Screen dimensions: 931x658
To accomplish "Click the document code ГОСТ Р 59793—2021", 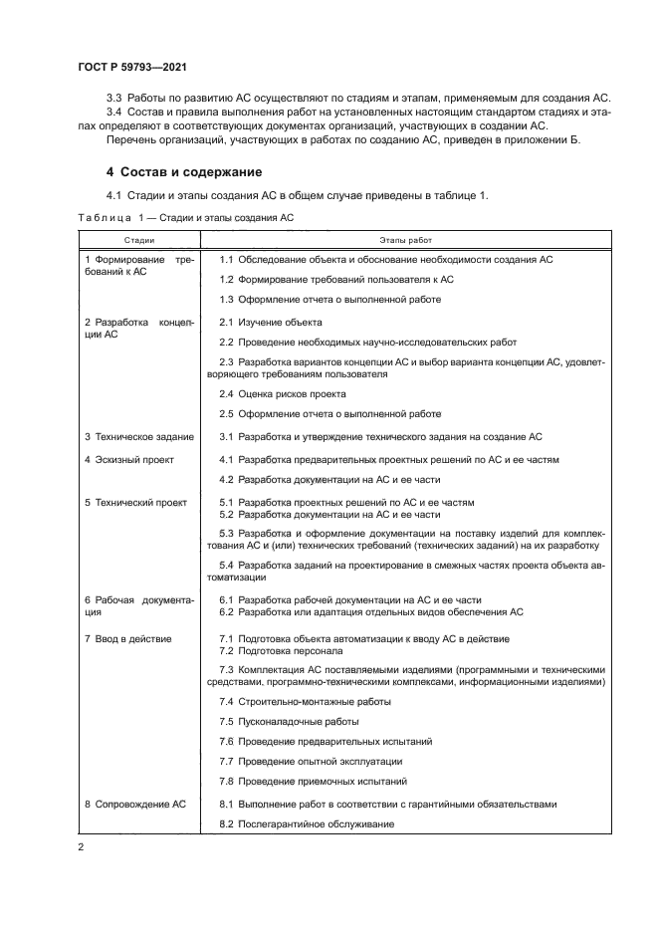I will click(x=131, y=66).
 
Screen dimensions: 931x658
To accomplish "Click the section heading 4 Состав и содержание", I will click(x=184, y=171).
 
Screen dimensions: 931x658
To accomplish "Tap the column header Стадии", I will click(x=139, y=240).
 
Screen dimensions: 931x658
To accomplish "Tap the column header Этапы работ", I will click(x=405, y=240).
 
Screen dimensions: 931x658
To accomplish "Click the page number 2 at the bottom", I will click(x=82, y=846).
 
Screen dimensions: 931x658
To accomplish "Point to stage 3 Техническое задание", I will click(x=138, y=436).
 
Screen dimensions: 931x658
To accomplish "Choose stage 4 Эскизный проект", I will click(x=128, y=459).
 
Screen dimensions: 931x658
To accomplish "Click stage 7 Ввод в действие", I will click(x=127, y=638).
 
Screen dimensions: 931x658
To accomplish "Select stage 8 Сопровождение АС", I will click(x=134, y=804).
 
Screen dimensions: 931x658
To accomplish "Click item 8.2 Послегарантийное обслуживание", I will click(x=307, y=823).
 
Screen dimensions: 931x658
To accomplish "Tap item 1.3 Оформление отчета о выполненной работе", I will click(x=329, y=299).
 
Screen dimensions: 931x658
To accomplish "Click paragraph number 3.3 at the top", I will click(x=114, y=97).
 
